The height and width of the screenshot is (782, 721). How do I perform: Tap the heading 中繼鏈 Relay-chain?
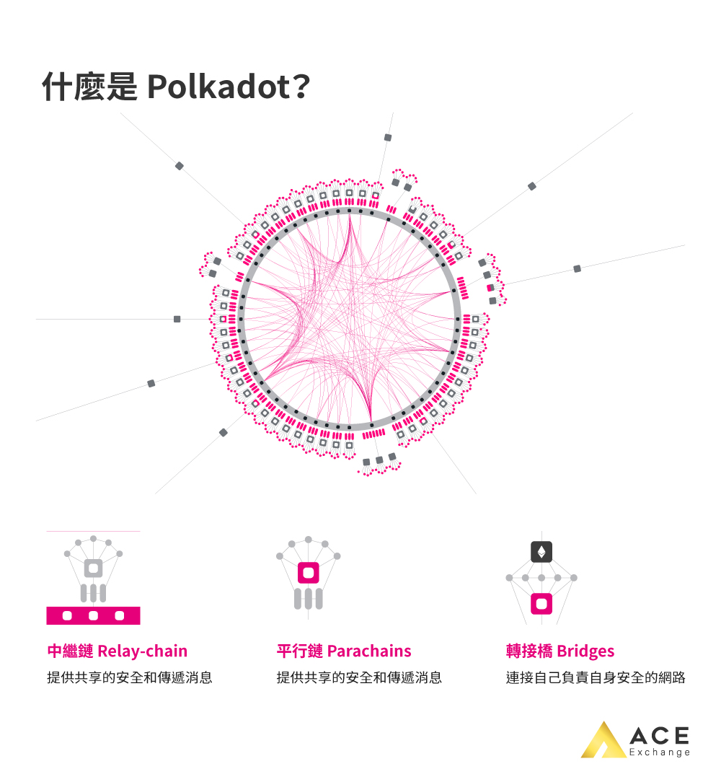(117, 651)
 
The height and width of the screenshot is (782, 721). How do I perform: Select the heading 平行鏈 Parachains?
(343, 651)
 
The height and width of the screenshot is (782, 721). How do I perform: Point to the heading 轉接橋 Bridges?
(560, 651)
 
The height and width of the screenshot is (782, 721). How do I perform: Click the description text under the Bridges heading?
(595, 678)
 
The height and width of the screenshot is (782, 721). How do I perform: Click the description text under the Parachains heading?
(359, 678)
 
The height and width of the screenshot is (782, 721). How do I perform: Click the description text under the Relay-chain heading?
(130, 678)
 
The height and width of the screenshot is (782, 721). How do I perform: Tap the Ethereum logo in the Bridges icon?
(541, 552)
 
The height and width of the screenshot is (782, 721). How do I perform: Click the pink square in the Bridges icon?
(541, 603)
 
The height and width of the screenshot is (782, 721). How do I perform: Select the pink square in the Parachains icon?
(309, 573)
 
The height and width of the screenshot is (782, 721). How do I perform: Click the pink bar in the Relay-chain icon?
(93, 615)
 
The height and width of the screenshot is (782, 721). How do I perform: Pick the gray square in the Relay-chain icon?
(93, 568)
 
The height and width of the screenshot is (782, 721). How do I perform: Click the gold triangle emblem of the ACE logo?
(603, 741)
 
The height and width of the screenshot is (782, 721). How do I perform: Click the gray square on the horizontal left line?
(177, 319)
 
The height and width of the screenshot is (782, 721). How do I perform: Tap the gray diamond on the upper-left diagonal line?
(180, 166)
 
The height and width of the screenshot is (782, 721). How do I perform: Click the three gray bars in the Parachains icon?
(309, 599)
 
